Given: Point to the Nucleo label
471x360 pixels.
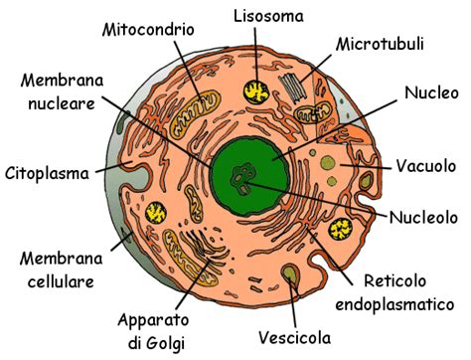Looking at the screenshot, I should (x=431, y=93).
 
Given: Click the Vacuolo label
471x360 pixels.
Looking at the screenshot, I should (x=426, y=164).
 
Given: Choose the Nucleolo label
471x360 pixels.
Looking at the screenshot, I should (x=424, y=216).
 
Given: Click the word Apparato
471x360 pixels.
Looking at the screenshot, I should (x=152, y=320).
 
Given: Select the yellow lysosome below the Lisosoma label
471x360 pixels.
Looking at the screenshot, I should (x=257, y=90).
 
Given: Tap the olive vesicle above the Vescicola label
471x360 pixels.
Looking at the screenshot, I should (x=289, y=273).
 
